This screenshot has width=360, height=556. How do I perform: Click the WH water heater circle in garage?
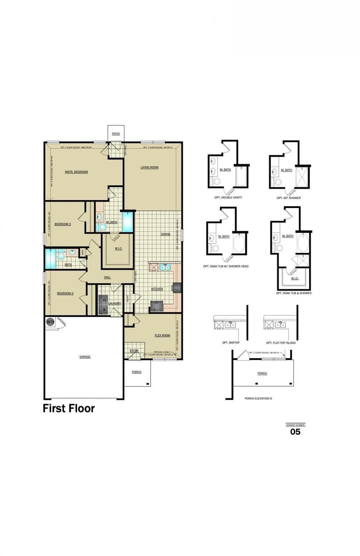pyautogui.click(x=50, y=321)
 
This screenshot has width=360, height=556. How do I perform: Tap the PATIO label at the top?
pyautogui.click(x=116, y=134)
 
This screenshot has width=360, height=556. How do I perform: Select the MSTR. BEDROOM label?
pyautogui.click(x=76, y=172)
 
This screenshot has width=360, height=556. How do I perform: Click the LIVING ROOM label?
pyautogui.click(x=150, y=167)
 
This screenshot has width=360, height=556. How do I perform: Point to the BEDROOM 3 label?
pyautogui.click(x=63, y=224)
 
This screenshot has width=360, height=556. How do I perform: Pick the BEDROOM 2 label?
pyautogui.click(x=65, y=293)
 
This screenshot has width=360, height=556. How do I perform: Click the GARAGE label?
pyautogui.click(x=85, y=357)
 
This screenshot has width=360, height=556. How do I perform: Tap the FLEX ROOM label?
pyautogui.click(x=162, y=336)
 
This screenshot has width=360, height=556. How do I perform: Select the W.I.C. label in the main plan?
pyautogui.click(x=118, y=248)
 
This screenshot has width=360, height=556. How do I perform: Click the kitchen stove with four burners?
pyautogui.click(x=177, y=288)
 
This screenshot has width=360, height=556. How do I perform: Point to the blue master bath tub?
pyautogui.click(x=128, y=222)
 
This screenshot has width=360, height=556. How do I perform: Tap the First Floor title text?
pyautogui.click(x=69, y=408)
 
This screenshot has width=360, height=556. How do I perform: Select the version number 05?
pyautogui.click(x=295, y=431)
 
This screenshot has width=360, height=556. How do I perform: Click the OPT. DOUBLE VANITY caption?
pyautogui.click(x=228, y=198)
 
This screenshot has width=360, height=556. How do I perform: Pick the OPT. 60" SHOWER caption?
pyautogui.click(x=289, y=198)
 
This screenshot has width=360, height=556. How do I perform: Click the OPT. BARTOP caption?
pyautogui.click(x=231, y=343)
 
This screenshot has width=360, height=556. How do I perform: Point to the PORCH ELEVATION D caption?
pyautogui.click(x=258, y=399)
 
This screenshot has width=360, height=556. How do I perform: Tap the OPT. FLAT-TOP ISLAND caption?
pyautogui.click(x=281, y=343)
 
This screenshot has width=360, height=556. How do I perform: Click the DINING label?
pyautogui.click(x=166, y=234)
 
